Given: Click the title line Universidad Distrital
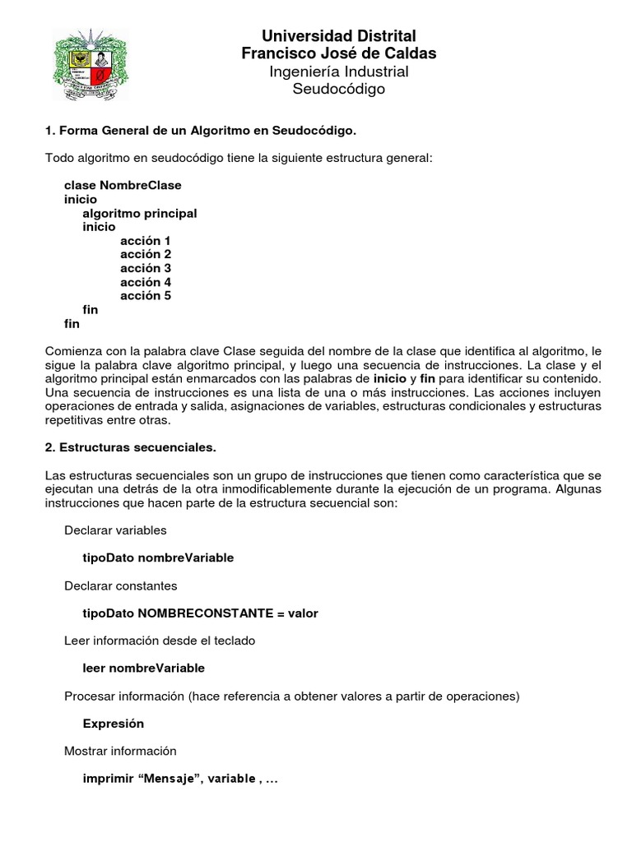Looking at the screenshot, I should (338, 36).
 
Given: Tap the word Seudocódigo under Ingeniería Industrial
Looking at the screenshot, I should (338, 89).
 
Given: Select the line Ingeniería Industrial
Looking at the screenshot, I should (338, 72).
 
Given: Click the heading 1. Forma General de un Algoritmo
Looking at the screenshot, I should (201, 131).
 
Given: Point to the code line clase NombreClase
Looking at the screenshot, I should (123, 185).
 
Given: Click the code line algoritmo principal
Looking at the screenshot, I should (140, 213).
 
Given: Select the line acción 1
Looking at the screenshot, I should (146, 241).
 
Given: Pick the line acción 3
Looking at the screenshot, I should (146, 268).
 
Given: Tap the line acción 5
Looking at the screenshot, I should (146, 295).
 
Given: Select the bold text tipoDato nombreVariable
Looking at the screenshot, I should (158, 557).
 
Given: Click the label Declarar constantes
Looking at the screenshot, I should (120, 585).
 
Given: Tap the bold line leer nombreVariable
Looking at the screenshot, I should (144, 668).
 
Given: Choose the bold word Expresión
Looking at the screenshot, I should (114, 724).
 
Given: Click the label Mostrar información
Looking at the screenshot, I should (120, 751).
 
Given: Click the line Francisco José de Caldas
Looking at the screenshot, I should (338, 53).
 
